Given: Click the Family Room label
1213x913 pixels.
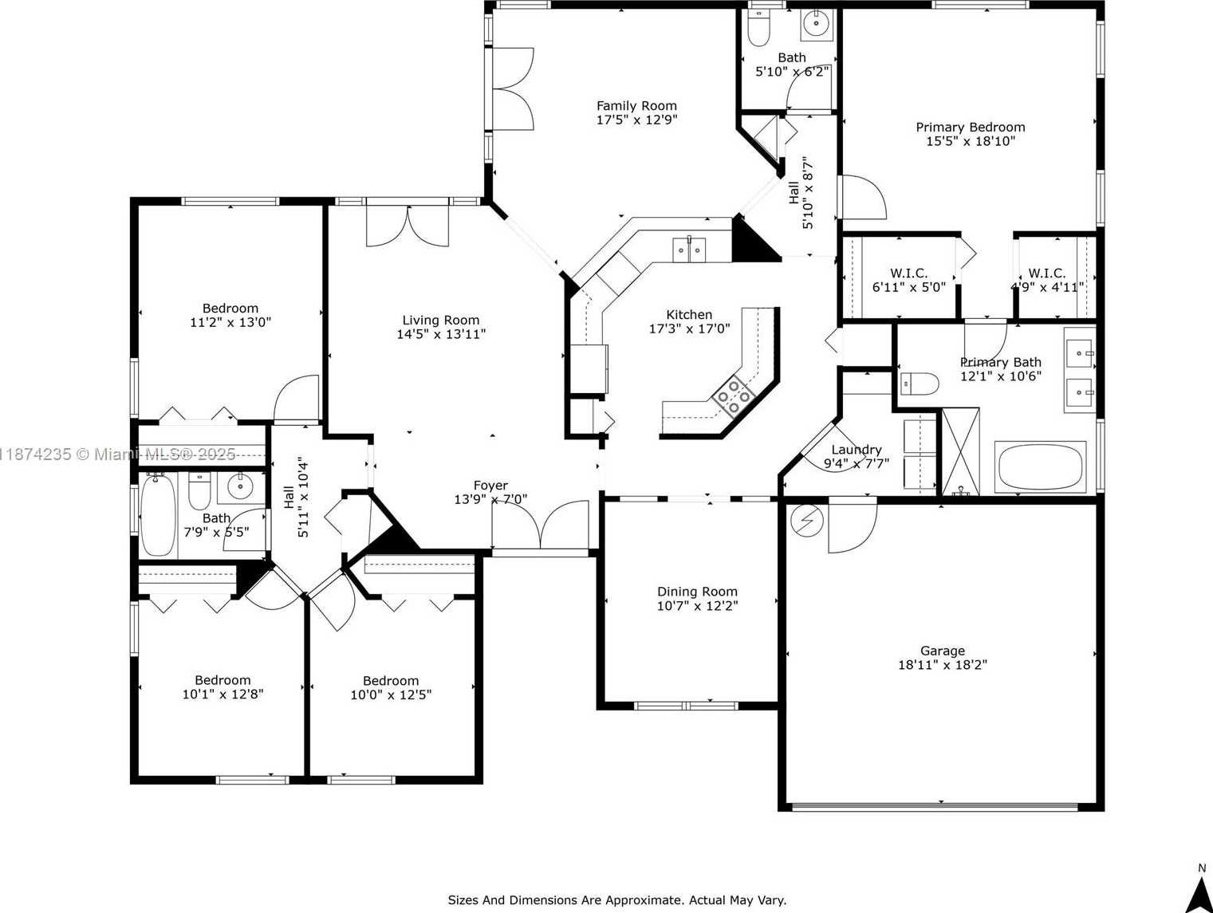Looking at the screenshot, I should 636,106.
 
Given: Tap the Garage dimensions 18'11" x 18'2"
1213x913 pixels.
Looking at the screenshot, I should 942,665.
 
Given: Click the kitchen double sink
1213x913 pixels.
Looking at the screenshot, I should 689,250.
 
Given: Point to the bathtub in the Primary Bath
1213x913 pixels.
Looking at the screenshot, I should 1040,467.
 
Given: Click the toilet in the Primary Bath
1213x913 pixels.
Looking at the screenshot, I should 919,384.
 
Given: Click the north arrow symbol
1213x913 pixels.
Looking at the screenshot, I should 1199,894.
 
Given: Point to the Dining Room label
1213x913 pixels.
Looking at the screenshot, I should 697,592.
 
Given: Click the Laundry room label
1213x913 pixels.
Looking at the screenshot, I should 856,450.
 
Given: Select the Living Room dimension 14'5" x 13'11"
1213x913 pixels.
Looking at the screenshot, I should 441,334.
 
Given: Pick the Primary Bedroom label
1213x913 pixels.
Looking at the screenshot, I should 970,128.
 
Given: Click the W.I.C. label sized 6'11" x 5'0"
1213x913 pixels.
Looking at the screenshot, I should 908,274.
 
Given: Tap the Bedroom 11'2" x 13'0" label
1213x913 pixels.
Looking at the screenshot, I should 230,309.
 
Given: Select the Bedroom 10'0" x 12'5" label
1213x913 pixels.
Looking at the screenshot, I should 390,681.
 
